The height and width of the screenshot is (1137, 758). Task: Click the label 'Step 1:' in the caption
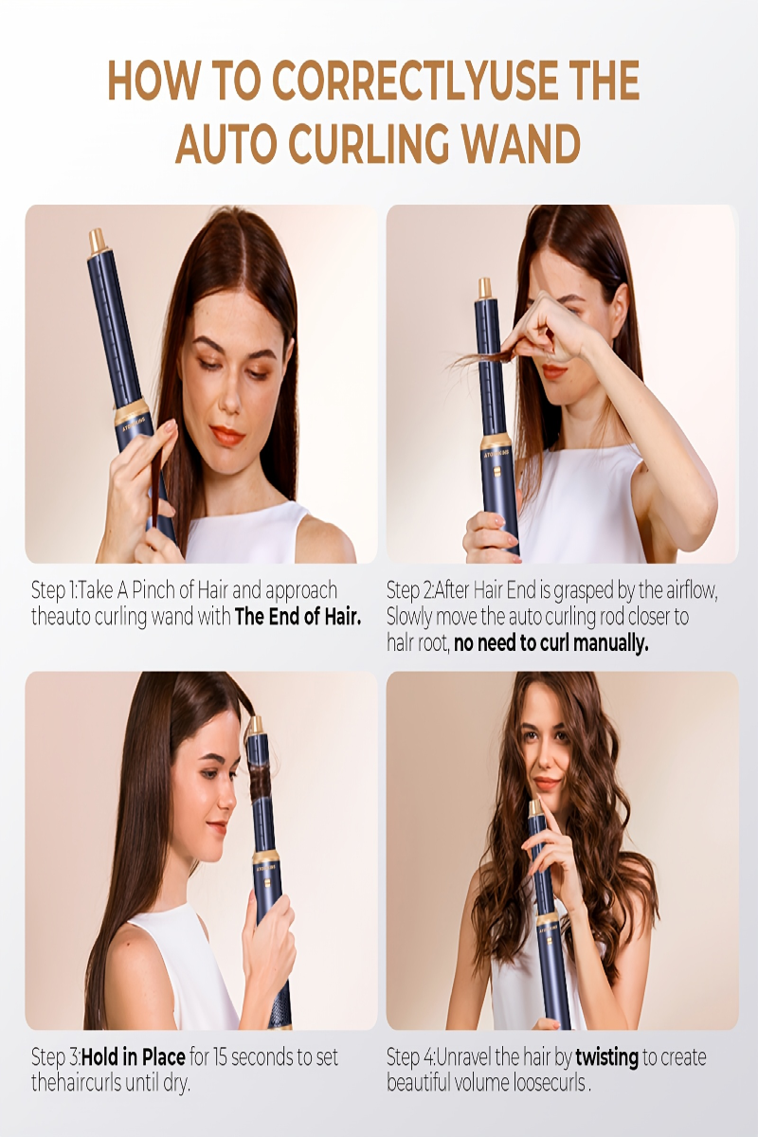(x=54, y=591)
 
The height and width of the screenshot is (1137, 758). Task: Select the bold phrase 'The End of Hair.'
(x=298, y=618)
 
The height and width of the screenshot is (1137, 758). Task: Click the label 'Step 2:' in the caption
(x=409, y=591)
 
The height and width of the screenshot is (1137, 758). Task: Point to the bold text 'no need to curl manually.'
(x=550, y=644)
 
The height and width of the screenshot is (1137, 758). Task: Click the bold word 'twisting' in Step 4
(x=606, y=1056)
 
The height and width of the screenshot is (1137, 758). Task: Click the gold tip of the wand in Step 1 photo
(x=99, y=241)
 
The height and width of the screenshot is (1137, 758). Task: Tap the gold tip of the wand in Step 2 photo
(x=485, y=288)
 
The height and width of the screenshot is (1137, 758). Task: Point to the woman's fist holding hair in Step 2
(x=536, y=329)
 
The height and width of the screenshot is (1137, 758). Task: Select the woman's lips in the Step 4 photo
(x=547, y=784)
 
